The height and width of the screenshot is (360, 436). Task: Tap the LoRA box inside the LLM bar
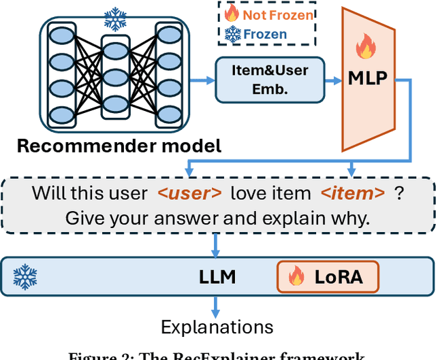click(327, 276)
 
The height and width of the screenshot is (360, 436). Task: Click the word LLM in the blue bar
click(217, 276)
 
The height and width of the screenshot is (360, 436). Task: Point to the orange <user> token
click(189, 193)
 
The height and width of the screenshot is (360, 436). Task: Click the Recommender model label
click(119, 146)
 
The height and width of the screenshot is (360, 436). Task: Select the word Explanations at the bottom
click(217, 327)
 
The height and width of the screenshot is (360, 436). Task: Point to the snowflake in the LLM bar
click(25, 277)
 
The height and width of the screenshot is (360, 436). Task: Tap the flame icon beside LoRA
click(296, 276)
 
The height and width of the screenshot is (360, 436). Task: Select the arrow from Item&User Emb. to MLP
click(332, 80)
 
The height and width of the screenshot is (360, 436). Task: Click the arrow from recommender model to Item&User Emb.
click(201, 80)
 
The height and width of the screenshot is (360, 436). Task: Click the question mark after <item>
click(399, 193)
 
